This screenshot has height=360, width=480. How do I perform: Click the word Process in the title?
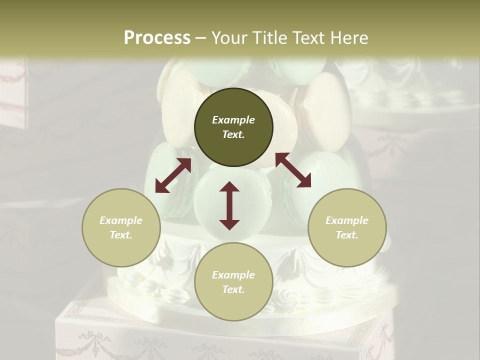point(157,38)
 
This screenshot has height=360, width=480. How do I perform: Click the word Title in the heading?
point(268,38)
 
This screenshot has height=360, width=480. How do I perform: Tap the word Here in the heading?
point(348,38)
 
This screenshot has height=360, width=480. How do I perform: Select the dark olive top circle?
point(233,127)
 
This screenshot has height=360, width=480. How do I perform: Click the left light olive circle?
point(121,227)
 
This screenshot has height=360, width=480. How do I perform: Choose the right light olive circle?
point(347,227)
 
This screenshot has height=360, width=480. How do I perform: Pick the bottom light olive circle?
point(233,282)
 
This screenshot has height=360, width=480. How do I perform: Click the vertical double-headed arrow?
point(229,205)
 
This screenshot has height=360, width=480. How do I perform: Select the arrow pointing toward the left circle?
point(173,175)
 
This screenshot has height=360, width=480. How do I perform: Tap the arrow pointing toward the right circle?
point(293,170)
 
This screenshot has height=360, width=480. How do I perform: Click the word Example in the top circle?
point(233,120)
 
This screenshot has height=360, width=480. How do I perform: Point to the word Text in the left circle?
point(120,235)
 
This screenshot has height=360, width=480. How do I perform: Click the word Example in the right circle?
point(347,220)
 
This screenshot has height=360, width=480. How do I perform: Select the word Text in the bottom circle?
point(233,289)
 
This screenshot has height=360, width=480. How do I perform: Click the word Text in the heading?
point(308,38)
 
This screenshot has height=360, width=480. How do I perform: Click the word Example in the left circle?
point(121,220)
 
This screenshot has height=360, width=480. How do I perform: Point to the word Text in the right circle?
point(346,235)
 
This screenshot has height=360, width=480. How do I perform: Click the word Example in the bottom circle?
point(233,275)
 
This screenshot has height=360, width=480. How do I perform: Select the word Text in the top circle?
point(233,134)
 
